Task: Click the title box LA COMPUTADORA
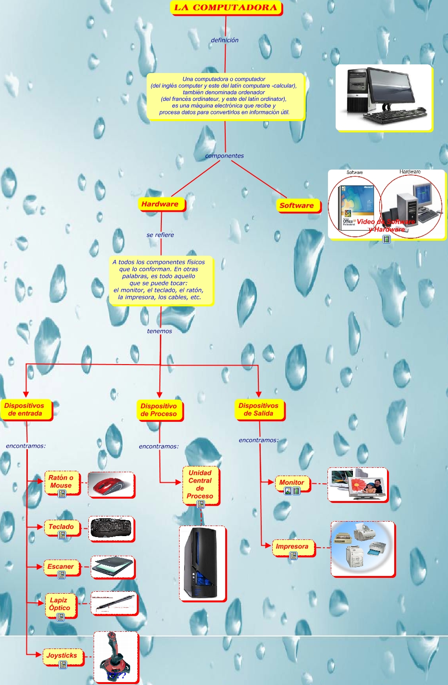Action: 226,8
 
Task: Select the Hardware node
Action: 160,204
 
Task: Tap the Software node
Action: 296,206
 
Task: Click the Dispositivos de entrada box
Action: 25,409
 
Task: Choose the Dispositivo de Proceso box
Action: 159,410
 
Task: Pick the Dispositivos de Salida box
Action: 259,409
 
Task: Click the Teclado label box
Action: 61,527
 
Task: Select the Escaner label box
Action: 61,567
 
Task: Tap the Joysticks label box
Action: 62,656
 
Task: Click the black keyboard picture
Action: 111,528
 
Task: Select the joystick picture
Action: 115,657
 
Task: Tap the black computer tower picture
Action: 202,563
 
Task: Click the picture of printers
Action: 362,549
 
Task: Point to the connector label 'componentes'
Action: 224,156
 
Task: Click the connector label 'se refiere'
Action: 160,235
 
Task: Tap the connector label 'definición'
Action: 225,40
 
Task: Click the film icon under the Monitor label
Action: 296,491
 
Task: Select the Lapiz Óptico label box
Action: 60,604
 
